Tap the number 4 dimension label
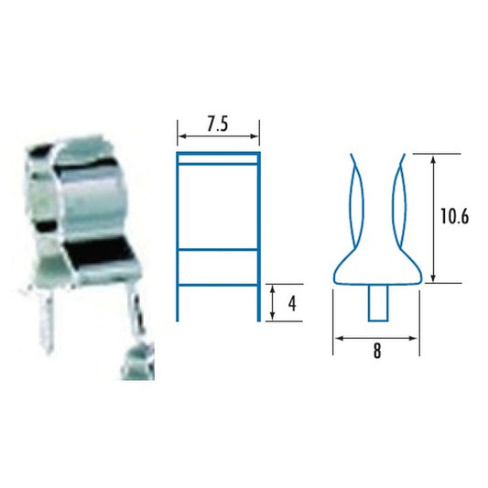coord(291,303)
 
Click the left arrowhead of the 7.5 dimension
coord(180,138)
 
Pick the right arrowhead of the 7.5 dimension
coord(257,138)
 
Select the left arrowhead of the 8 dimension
coord(338,338)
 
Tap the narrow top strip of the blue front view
coord(219,160)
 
